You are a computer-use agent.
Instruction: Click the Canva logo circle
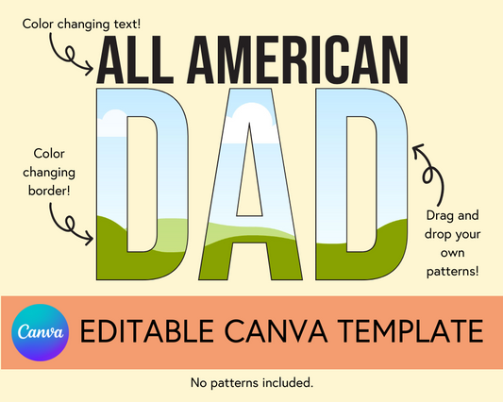(x=40, y=332)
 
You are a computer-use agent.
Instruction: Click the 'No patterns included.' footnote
(x=251, y=382)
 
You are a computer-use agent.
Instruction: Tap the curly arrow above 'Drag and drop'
(x=429, y=167)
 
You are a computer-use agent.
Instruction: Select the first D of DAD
(x=109, y=189)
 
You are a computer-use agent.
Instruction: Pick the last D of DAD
(x=396, y=189)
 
